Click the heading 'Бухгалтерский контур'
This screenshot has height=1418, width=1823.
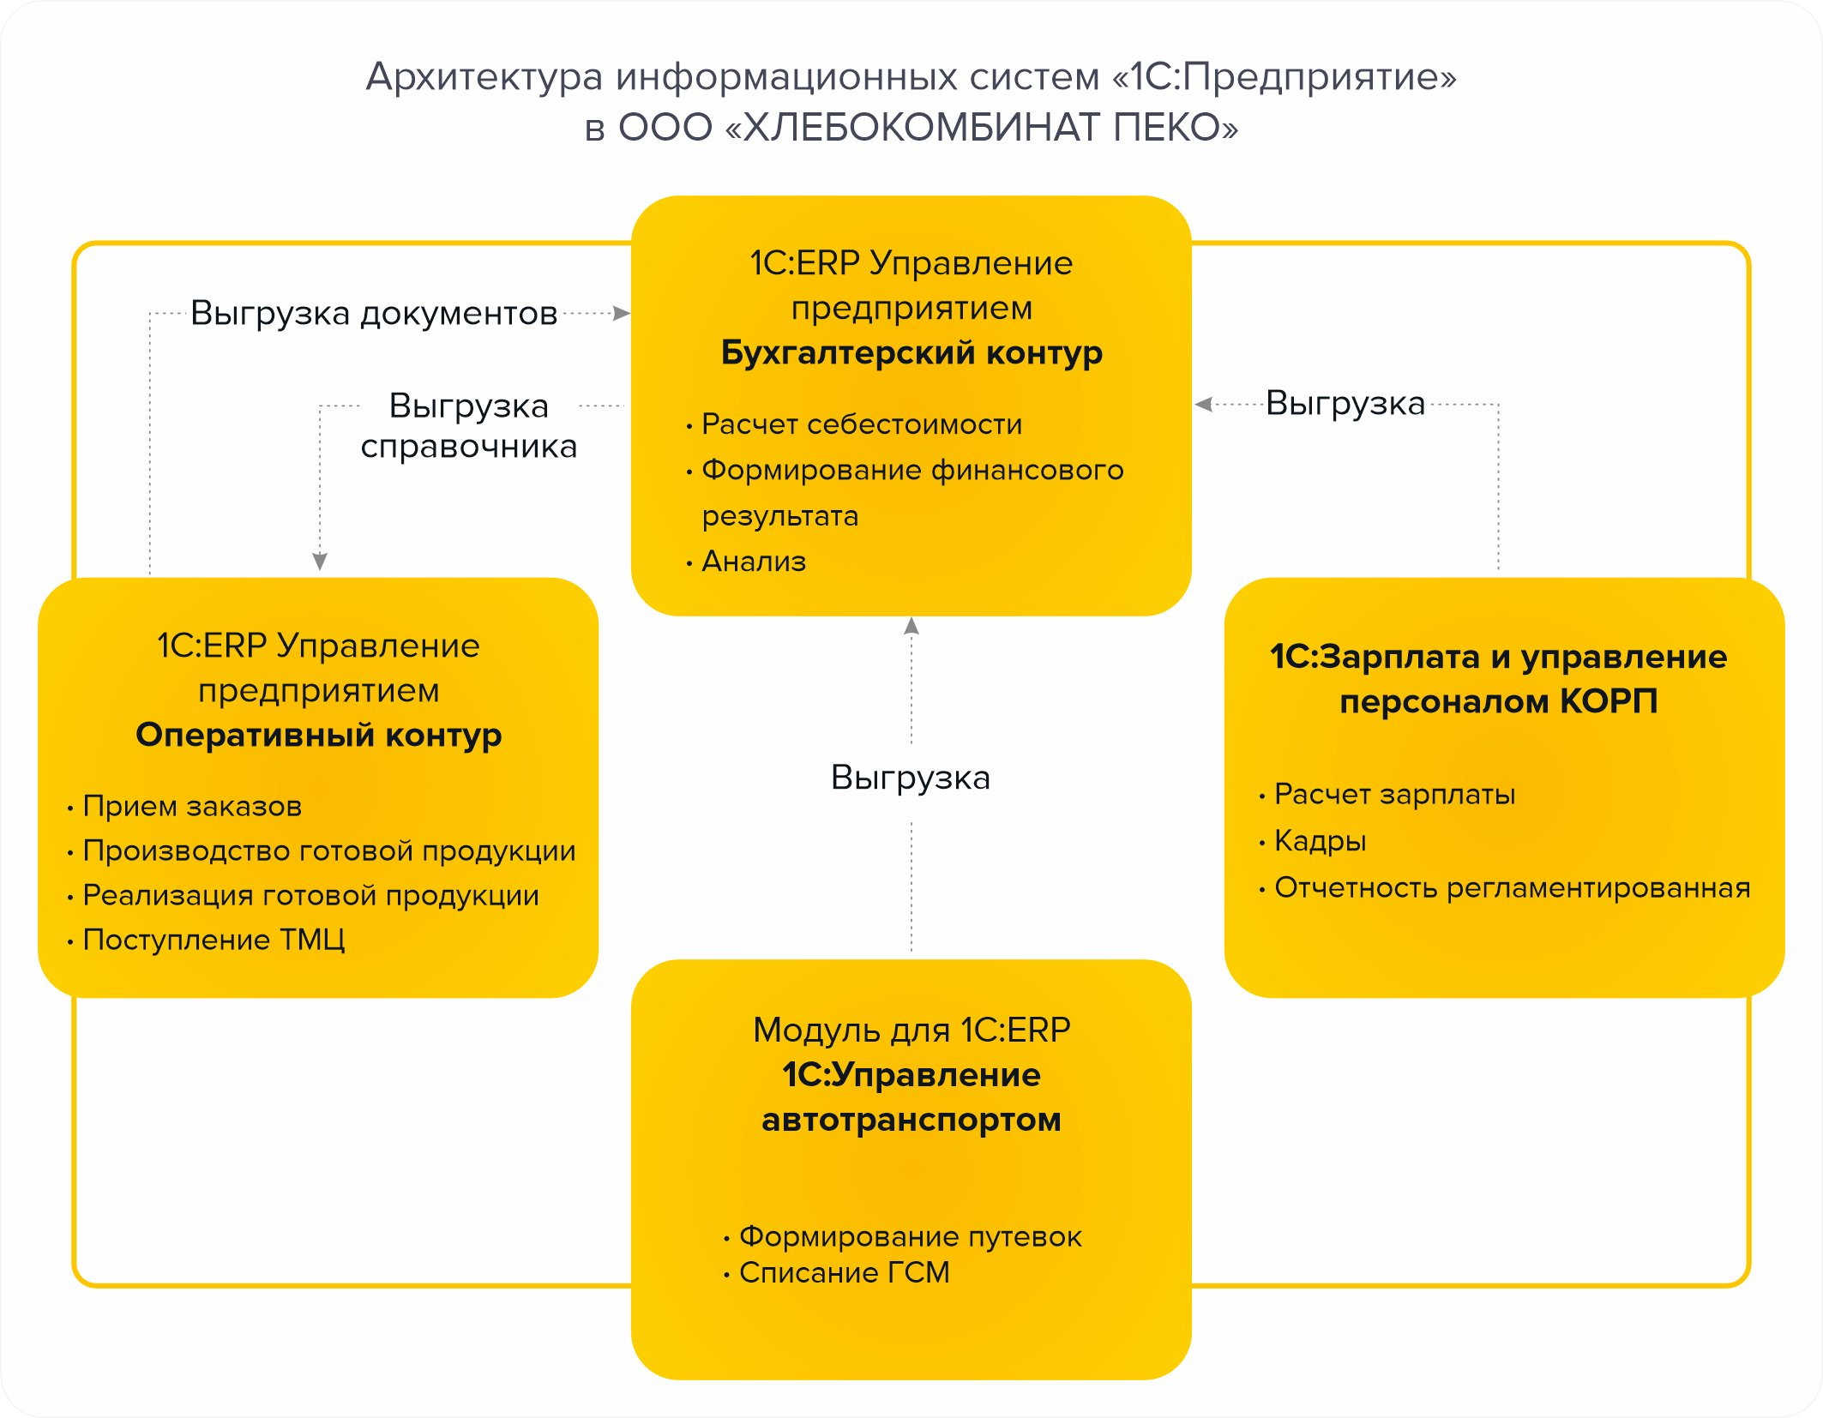(x=911, y=353)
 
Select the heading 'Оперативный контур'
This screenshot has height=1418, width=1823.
(x=318, y=736)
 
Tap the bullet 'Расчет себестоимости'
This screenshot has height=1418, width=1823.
(x=861, y=424)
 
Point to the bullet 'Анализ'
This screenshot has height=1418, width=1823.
(x=754, y=562)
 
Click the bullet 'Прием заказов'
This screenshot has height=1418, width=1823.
(x=192, y=807)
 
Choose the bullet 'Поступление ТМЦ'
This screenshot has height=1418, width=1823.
(x=214, y=940)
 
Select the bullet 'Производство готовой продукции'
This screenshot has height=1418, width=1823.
(x=328, y=851)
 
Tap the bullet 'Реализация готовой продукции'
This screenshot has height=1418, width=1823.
(x=310, y=896)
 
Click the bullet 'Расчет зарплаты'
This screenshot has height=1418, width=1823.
(x=1394, y=795)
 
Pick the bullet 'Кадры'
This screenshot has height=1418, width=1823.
(x=1320, y=841)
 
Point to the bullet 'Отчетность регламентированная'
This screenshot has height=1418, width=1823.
(x=1512, y=888)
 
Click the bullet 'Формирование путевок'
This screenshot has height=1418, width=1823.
(x=910, y=1237)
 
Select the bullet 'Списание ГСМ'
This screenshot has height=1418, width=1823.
(x=844, y=1273)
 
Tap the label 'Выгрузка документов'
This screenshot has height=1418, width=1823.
(x=374, y=314)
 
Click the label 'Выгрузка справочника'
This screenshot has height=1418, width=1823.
(x=468, y=426)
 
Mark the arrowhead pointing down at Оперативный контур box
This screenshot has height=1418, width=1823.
(x=320, y=562)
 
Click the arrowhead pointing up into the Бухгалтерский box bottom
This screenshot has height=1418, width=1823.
(x=911, y=626)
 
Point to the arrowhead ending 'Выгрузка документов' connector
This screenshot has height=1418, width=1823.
(x=622, y=314)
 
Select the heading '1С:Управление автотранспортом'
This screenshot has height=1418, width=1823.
(x=911, y=1098)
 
